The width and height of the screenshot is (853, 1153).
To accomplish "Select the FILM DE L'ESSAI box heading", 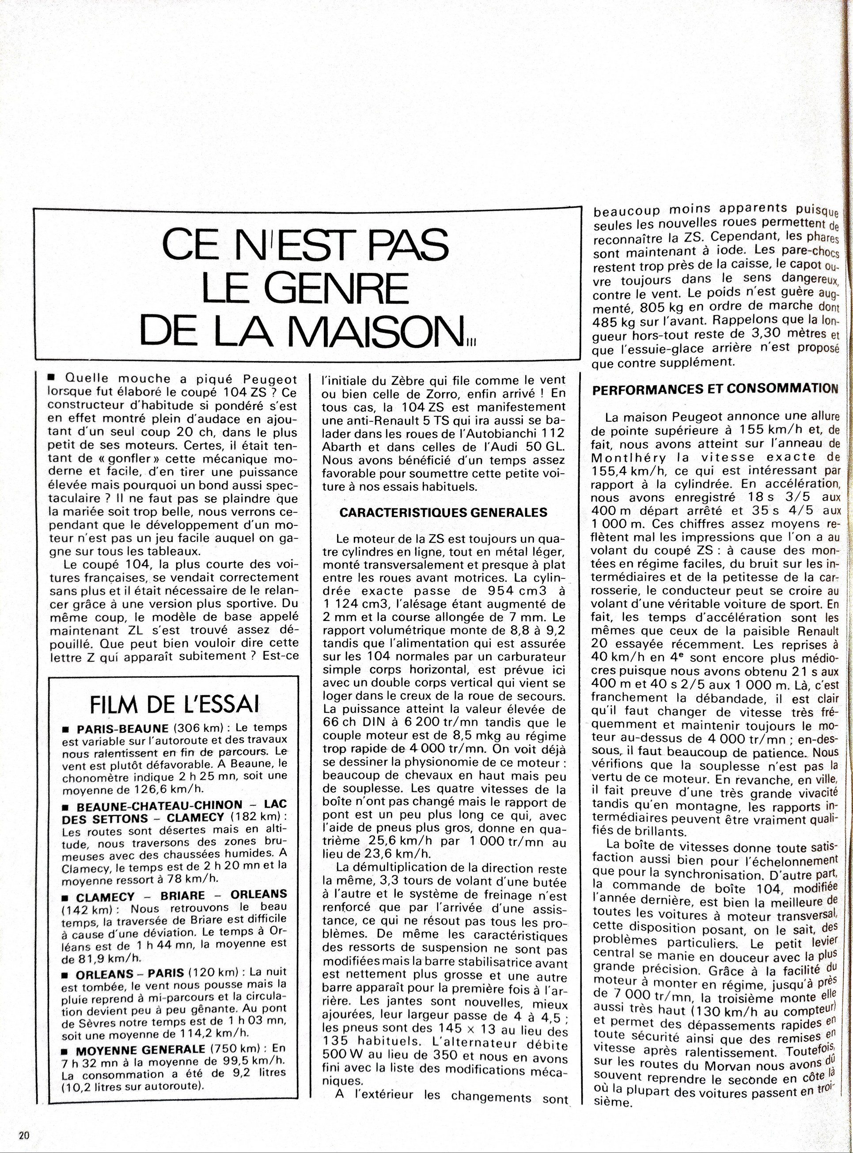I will [x=174, y=705].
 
